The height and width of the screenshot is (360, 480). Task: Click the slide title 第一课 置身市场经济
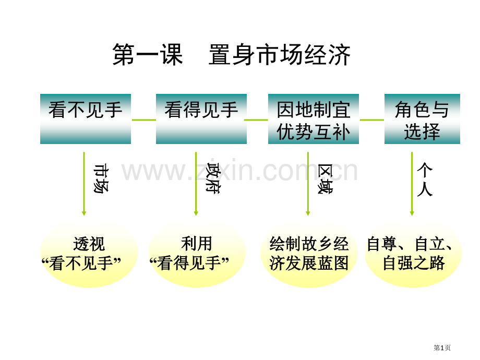[x=232, y=54]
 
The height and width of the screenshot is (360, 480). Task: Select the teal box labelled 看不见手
[x=86, y=119]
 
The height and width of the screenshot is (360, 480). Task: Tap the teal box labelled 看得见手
[x=201, y=119]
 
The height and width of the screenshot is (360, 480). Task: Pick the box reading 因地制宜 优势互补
[x=314, y=119]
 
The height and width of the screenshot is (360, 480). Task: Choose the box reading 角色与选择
[x=422, y=119]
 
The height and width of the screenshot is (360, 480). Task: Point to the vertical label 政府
[x=213, y=178]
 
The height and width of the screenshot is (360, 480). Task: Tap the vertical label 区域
[x=325, y=179]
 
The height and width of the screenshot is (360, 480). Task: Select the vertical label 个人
[x=425, y=179]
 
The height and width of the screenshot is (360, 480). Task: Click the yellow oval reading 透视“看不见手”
[x=89, y=254]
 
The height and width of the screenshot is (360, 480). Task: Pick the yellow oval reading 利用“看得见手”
[x=197, y=254]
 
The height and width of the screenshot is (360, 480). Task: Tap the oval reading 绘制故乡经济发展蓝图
[x=309, y=254]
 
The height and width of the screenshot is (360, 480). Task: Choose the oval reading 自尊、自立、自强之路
[x=413, y=254]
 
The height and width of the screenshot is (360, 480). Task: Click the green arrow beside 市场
[x=84, y=184]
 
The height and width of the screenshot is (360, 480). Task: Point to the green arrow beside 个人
[x=412, y=184]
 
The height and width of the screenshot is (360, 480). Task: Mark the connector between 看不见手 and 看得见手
[x=144, y=120]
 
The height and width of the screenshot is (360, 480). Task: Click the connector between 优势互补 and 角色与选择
[x=372, y=120]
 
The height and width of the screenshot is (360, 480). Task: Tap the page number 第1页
[x=442, y=348]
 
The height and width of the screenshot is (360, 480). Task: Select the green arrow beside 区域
[x=308, y=184]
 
